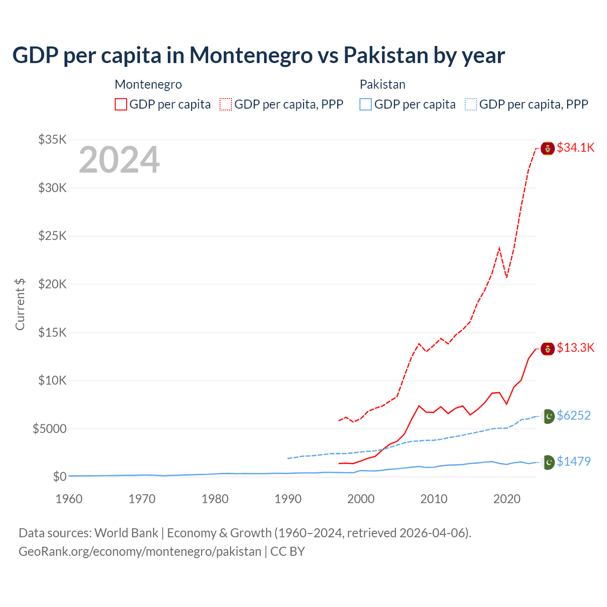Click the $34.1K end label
[x=575, y=147]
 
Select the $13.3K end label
[x=575, y=348]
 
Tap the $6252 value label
[x=573, y=415]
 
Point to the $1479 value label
[x=573, y=461]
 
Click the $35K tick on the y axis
[x=52, y=139]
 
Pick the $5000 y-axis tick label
[x=49, y=429]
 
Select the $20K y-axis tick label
[x=52, y=284]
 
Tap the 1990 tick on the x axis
[x=288, y=499]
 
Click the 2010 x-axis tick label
[x=434, y=499]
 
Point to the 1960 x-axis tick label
[x=69, y=499]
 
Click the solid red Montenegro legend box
[x=121, y=104]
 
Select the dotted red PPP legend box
[x=226, y=104]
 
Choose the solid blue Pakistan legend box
[x=366, y=104]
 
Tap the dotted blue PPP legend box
[x=471, y=104]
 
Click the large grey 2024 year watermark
[x=119, y=160]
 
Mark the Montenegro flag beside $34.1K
[x=548, y=148]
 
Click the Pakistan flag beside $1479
[x=548, y=462]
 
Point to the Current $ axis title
[x=20, y=304]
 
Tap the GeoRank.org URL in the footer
[x=140, y=552]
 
